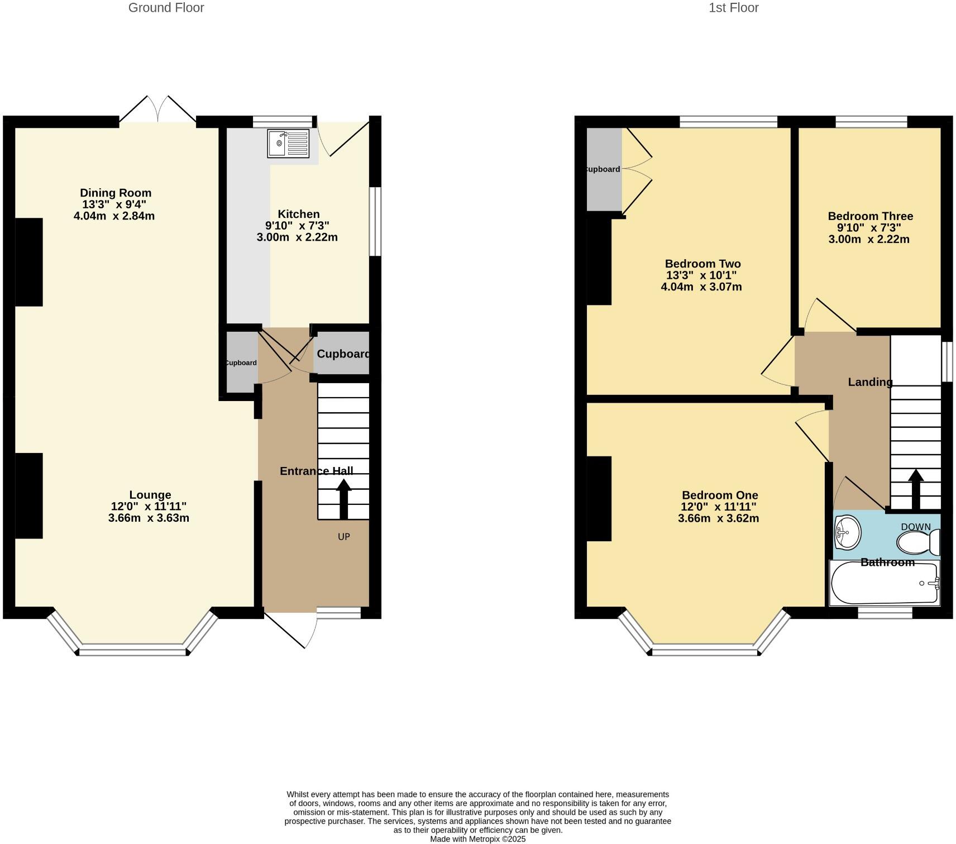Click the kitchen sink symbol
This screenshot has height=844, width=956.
[x=288, y=144]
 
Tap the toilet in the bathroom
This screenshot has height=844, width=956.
[x=917, y=542]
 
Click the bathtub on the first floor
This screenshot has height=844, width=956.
[x=885, y=584]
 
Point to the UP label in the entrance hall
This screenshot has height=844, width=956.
[x=344, y=537]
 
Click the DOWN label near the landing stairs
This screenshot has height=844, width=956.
[x=916, y=527]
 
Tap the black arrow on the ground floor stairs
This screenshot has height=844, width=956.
[x=343, y=498]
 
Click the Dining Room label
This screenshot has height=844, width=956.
[x=116, y=193]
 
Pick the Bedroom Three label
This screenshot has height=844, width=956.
[x=870, y=216]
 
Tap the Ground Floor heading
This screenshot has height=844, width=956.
[x=166, y=8]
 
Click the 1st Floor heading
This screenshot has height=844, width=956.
[x=733, y=8]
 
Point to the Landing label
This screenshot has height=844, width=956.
[x=870, y=382]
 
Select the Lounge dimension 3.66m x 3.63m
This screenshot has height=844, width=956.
[x=149, y=518]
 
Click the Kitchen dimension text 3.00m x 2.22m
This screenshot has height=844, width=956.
[x=297, y=237]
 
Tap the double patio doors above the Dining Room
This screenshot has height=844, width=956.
[x=158, y=110]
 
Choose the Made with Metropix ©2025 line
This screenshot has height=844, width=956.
[x=477, y=839]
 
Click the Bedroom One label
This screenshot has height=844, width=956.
[x=720, y=495]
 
